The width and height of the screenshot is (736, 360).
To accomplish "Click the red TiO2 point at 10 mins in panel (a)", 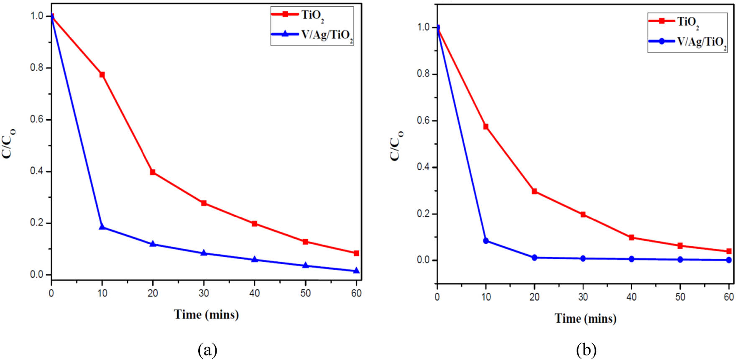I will (x=102, y=74).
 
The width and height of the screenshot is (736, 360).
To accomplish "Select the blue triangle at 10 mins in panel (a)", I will (x=102, y=227).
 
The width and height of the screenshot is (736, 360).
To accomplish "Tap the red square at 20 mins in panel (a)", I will (x=153, y=172).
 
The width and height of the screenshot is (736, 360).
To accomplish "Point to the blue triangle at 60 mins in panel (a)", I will (x=356, y=271).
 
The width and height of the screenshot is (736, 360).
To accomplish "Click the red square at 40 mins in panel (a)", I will (x=254, y=224).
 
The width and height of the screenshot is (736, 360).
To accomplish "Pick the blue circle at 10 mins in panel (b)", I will (x=486, y=241).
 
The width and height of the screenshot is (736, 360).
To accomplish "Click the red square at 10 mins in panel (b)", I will (x=486, y=126).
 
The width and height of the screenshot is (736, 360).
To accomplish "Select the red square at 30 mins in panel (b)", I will (x=583, y=214).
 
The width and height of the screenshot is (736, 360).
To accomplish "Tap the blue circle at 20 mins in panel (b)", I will (x=534, y=258).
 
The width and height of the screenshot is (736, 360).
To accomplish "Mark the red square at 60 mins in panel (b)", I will (x=729, y=251).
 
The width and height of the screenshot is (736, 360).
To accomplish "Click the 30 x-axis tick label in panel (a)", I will (x=204, y=293).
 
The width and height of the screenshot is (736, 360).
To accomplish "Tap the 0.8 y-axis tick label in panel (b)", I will (x=424, y=74).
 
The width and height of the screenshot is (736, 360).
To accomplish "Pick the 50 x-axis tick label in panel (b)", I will (x=680, y=297).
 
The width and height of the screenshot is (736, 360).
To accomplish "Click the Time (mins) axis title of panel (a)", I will (x=206, y=314).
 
